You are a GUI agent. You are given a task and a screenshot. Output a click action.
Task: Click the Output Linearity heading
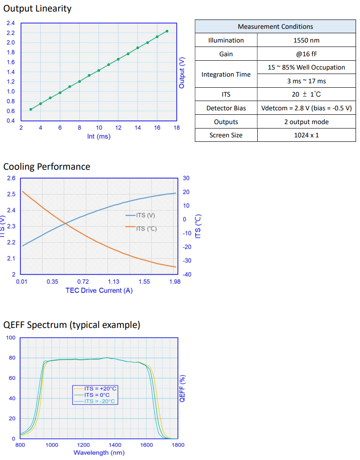37,8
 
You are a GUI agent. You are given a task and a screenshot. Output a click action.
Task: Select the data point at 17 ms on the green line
167,31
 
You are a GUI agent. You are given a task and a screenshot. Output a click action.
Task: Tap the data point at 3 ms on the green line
31,109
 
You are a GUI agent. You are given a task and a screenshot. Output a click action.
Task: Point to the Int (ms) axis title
99,136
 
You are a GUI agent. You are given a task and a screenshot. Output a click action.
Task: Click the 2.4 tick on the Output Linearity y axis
11,23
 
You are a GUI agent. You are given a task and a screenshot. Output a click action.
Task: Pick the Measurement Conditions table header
275,27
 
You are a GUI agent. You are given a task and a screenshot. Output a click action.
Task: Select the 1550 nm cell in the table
306,40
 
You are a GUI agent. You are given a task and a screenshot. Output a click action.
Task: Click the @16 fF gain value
306,54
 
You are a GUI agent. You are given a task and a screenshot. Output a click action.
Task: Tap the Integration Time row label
226,74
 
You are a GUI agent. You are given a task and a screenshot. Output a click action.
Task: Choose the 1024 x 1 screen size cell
306,135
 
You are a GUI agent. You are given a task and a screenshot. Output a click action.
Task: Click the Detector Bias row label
226,108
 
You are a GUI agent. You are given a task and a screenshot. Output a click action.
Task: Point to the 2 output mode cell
306,122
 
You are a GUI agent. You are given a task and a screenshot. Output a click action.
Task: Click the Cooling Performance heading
46,167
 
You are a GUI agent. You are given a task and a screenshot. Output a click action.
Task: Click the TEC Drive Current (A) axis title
99,291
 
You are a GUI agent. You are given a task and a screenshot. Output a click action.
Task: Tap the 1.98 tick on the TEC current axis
174,281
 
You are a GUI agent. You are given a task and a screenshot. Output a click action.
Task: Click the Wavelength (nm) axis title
99,452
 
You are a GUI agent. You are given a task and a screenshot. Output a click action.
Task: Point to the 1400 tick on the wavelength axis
115,445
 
